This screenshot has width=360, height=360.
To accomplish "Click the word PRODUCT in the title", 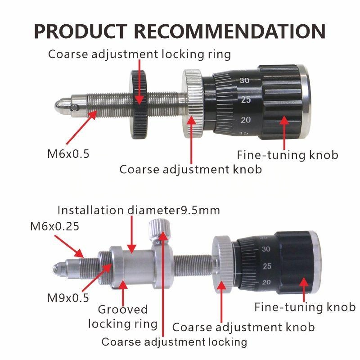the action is coord(81,31).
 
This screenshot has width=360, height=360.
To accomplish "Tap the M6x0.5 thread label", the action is coord(68,154).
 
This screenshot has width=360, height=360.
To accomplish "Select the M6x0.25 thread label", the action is coord(54,226).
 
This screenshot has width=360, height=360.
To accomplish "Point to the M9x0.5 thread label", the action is coord(68,298).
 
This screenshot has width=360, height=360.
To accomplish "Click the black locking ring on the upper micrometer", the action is coord(139,104).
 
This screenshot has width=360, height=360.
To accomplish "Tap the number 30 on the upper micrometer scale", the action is coord(244,81).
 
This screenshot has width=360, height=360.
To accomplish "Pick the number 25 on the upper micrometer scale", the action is coord(246,100).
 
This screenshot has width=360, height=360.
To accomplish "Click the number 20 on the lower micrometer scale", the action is coord(266,282).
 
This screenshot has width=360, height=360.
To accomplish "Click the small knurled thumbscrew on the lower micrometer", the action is coord(159,230).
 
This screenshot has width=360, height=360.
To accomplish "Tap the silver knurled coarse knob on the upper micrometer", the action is coord(193,103).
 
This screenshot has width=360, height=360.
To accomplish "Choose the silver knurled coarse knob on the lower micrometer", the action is coord(222,264).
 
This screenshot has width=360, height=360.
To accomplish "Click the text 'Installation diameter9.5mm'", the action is coord(139,210).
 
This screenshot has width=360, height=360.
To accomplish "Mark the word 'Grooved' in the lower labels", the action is coord(122,310).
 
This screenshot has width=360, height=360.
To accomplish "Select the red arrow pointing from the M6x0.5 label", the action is coord(81,127).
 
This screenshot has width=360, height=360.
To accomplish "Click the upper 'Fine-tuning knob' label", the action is coord(288,155).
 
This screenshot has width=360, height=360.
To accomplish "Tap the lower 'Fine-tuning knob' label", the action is coord(305,307).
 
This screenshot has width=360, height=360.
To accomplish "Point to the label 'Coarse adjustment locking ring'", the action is coord(139,54).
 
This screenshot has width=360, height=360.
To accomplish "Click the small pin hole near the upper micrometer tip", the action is coord(74,108).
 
